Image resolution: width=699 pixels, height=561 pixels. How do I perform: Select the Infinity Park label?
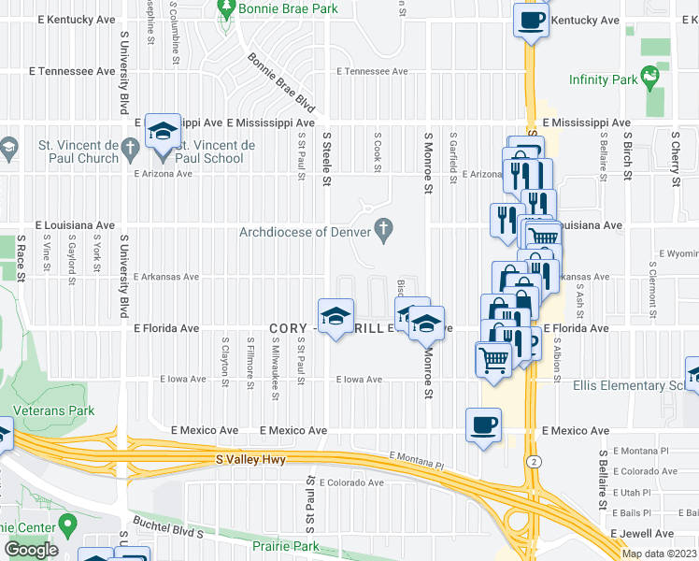pyautogui.click(x=603, y=80)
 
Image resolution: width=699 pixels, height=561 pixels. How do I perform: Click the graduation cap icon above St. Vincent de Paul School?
pyautogui.click(x=163, y=131)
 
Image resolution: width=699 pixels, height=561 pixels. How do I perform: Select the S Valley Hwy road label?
pyautogui.click(x=251, y=459)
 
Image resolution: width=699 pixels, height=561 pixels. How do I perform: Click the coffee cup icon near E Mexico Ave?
pyautogui.click(x=483, y=425)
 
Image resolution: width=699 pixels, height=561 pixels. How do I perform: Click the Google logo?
pyautogui.click(x=31, y=550)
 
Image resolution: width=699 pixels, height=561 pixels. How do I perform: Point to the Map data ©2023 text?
pyautogui.click(x=659, y=554)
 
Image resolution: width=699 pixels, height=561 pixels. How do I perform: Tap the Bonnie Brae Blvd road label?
pyautogui.click(x=281, y=91)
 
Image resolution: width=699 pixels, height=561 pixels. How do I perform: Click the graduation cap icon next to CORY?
pyautogui.click(x=335, y=316)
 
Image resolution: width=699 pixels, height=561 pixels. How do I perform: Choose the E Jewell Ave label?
pyautogui.click(x=642, y=533)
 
